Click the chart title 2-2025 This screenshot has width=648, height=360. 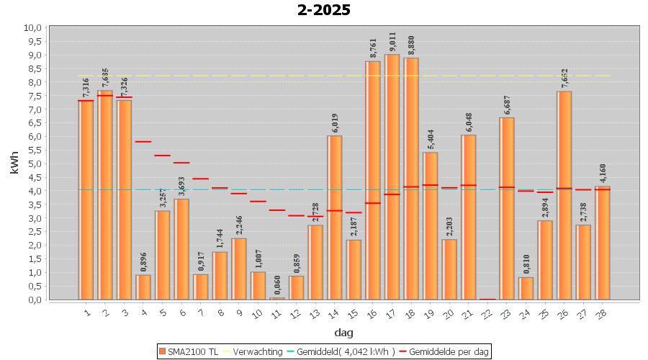[x=324, y=10]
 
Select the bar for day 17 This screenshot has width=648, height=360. [x=392, y=176]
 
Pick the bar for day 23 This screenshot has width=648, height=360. [x=507, y=208]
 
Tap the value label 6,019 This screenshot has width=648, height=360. [x=335, y=123]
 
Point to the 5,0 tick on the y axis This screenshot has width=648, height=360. [x=33, y=163]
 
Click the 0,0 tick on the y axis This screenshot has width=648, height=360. [x=33, y=300]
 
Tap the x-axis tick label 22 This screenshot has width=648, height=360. [x=487, y=314]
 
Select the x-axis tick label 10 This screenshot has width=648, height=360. [x=258, y=314]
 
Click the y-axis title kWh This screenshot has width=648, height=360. [x=14, y=163]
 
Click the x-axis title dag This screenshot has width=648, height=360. [x=343, y=333]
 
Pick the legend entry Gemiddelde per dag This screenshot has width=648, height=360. [x=446, y=351]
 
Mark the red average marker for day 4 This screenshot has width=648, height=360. [x=143, y=142]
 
